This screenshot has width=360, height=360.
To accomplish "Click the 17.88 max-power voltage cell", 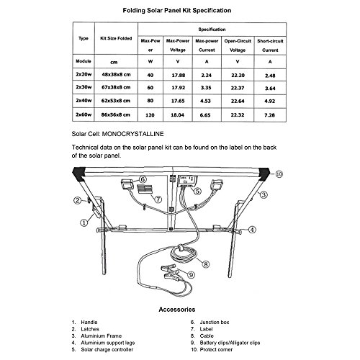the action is [179, 75].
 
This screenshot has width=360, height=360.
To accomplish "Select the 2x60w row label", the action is [84, 114].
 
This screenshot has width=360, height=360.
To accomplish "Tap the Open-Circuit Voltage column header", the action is [238, 45].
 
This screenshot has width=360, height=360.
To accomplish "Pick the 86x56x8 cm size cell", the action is [115, 115].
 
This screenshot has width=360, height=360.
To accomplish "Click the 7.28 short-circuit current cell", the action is [269, 115].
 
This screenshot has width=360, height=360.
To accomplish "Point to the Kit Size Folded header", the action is [116, 38].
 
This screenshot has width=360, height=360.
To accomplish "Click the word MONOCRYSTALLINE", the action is [132, 134].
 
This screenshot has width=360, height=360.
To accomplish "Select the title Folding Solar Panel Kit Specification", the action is [177, 10].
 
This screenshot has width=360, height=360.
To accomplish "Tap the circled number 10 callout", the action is [279, 174].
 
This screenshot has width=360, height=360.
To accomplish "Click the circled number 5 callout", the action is [197, 191].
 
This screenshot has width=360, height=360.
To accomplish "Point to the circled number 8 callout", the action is [206, 264].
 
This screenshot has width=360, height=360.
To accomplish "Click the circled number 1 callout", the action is [84, 222].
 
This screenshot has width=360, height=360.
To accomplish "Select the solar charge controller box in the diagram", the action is [187, 181].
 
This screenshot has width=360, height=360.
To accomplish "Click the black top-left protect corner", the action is [79, 174].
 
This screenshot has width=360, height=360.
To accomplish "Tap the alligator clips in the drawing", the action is [171, 273].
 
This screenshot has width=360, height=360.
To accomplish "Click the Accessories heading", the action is [177, 310].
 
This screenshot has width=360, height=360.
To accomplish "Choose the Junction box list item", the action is [210, 322].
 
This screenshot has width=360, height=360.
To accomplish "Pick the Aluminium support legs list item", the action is [103, 343].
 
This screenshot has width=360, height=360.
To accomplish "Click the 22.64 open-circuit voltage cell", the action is [238, 101].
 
